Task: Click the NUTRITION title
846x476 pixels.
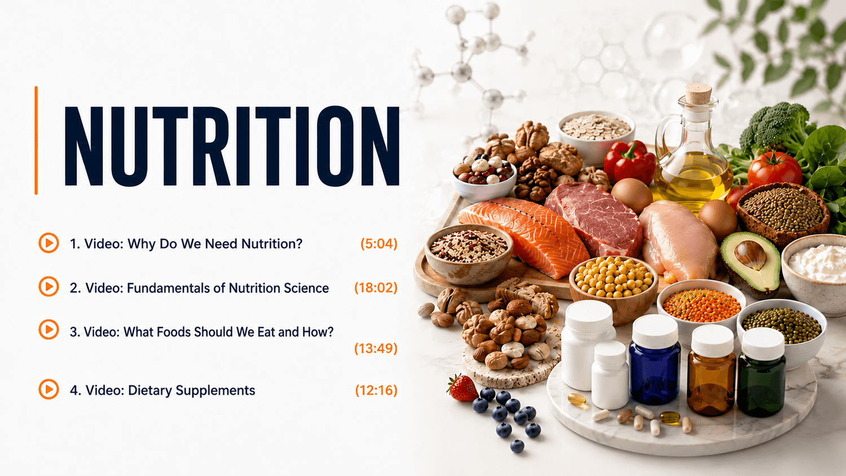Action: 232,146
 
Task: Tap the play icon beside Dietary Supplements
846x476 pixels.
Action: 49,389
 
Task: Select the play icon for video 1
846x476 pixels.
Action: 49,243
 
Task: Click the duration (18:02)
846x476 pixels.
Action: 376,288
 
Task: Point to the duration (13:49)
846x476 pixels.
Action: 376,348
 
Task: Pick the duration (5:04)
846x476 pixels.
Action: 379,244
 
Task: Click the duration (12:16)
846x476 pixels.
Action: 376,390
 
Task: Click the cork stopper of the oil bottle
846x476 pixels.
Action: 698,93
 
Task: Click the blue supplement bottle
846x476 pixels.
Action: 655,359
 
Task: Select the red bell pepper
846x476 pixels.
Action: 629,162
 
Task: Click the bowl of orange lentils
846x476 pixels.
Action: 702,306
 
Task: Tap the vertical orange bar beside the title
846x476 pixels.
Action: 36,140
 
